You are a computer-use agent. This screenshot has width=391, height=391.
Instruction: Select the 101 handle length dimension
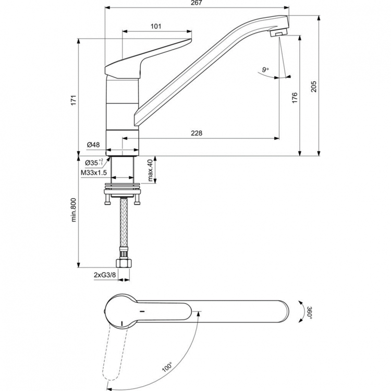coord(155,26)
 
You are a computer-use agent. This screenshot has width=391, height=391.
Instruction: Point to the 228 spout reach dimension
coord(196,133)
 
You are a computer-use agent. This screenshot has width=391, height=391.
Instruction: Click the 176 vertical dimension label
coord(295,97)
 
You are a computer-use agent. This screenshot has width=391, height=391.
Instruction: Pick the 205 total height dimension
coord(313,86)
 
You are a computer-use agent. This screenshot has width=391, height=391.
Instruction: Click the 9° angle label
coord(266,69)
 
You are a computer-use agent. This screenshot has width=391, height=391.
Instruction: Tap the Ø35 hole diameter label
coord(94,163)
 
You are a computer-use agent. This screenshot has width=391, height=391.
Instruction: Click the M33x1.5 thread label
coord(94,172)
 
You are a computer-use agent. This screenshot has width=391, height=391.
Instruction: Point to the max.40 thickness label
coord(150,170)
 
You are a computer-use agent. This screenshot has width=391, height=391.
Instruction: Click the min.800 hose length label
coord(74,210)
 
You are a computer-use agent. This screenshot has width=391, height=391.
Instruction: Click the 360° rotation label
coord(309,313)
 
